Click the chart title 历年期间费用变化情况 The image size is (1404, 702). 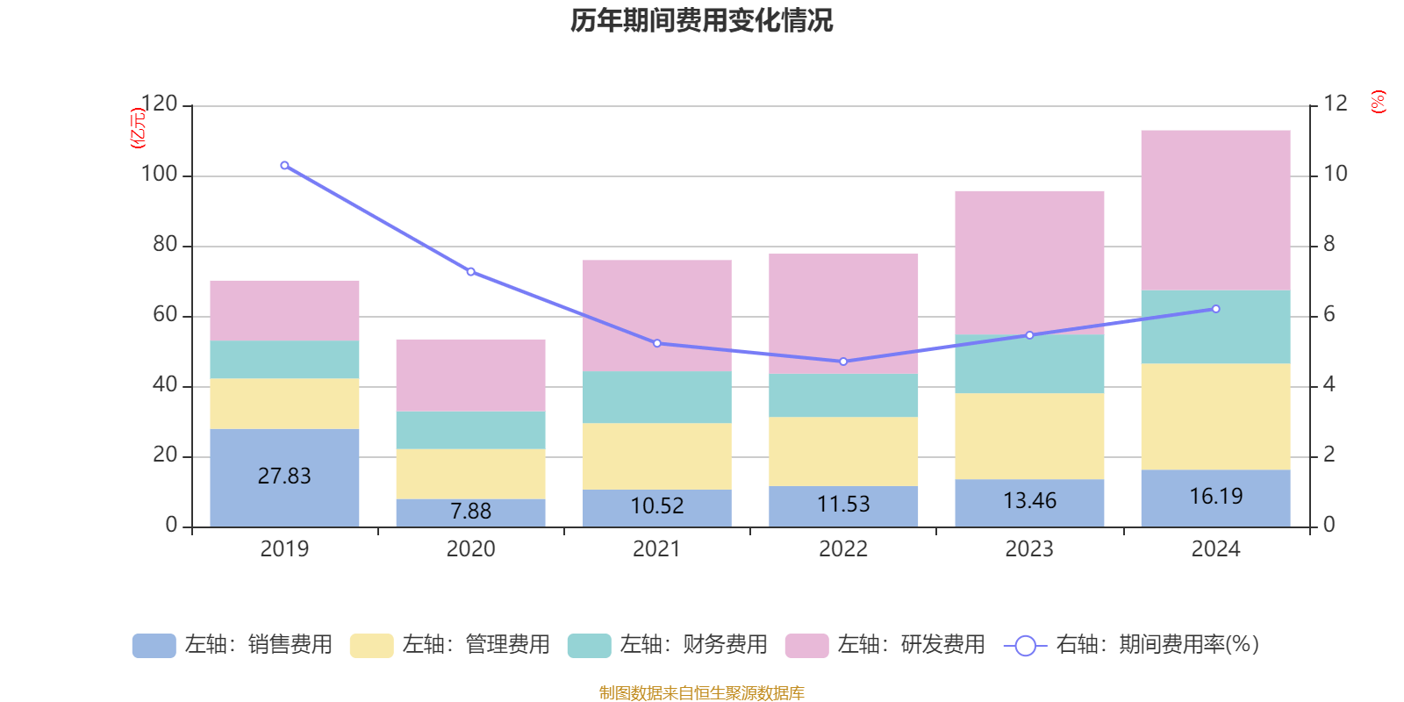point(701,20)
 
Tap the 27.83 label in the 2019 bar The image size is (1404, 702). point(284,476)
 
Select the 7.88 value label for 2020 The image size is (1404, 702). point(470,511)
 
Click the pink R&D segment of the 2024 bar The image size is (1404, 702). point(1215,211)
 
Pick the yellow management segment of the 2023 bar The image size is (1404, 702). point(1029,436)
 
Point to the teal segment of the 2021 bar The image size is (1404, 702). point(656,398)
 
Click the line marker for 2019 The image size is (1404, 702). point(284,166)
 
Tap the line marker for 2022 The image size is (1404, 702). point(843,362)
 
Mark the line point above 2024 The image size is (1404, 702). point(1215,309)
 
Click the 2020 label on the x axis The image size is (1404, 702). point(470,549)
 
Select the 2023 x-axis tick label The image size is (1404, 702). point(1029,549)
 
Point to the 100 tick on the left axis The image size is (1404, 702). point(159,174)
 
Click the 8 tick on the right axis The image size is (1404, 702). point(1329,244)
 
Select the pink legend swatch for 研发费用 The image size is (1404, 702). point(806,646)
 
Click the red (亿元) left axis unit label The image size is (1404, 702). point(137,128)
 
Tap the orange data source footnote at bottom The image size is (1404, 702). point(701,693)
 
